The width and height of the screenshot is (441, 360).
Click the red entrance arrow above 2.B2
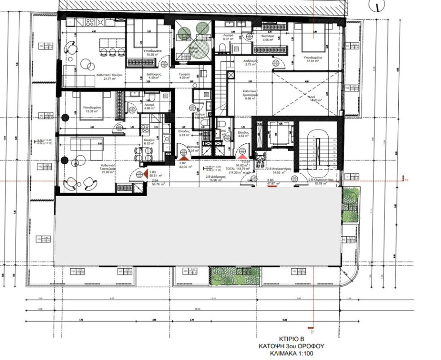click(x=183, y=158)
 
